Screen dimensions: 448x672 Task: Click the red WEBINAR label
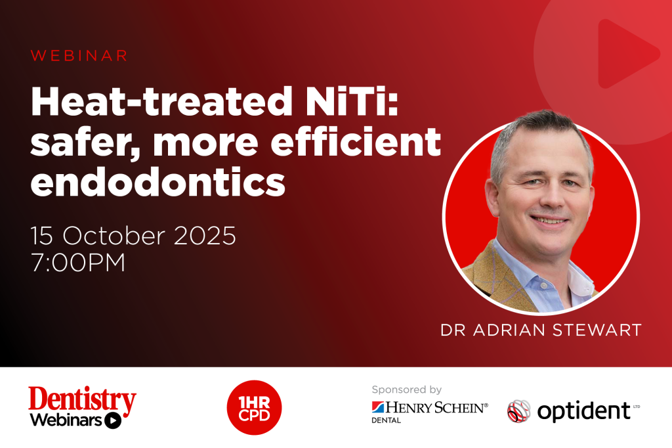(x=79, y=56)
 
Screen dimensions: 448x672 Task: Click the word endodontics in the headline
(x=157, y=182)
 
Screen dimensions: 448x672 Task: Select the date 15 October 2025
(x=133, y=235)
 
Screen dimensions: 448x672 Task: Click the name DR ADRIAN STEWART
(x=541, y=330)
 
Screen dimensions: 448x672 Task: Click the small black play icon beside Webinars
(x=113, y=420)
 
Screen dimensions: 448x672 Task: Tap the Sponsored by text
(x=406, y=390)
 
